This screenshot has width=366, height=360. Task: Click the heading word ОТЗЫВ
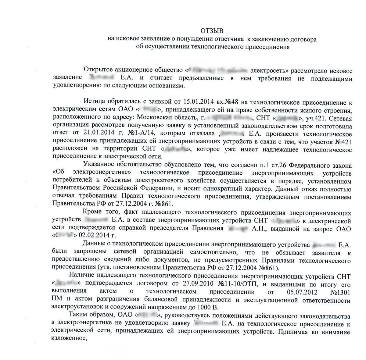click(x=212, y=31)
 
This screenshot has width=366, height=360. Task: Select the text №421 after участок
click(x=342, y=142)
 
